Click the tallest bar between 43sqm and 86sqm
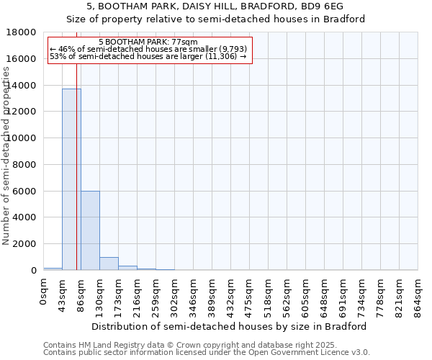point(71,180)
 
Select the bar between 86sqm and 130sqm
point(90,230)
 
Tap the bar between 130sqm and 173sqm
point(109,264)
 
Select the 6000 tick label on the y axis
point(24,192)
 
